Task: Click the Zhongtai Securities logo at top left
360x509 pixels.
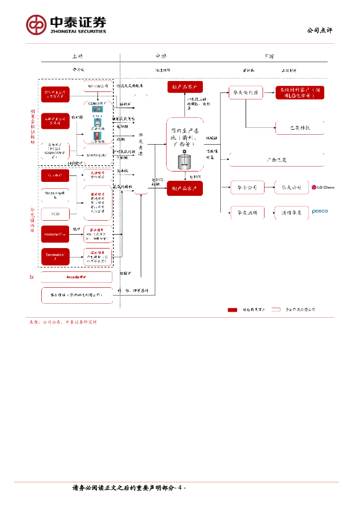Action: coord(66,23)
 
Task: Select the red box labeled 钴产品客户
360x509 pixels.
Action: coord(184,87)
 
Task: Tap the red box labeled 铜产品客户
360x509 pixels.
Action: coord(184,188)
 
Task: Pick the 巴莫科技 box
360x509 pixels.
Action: coord(300,127)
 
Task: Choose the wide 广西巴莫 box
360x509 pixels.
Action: coord(276,160)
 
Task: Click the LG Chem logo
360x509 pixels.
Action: coord(323,187)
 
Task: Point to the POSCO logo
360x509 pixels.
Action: coord(320,211)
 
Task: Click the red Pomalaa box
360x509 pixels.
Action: coord(55,234)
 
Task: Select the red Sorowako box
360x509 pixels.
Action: coord(55,257)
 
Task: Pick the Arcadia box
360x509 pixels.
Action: coord(76,276)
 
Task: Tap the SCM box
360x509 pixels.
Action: coord(55,214)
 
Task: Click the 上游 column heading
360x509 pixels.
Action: coord(77,56)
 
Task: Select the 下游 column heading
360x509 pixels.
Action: coord(269,56)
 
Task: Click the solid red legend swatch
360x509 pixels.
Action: coord(232,310)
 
